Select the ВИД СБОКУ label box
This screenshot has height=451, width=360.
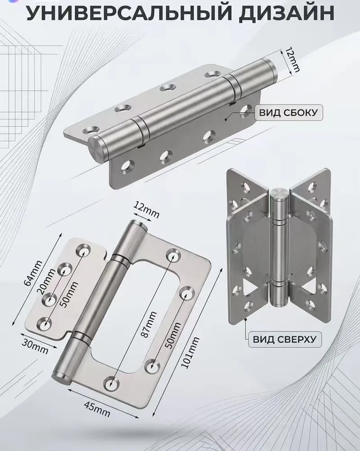[288, 112]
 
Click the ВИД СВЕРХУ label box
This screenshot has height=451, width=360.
[284, 339]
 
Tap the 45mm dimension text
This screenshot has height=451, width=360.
[97, 409]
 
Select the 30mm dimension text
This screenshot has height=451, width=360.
[35, 347]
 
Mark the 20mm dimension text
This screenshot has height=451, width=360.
[47, 281]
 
